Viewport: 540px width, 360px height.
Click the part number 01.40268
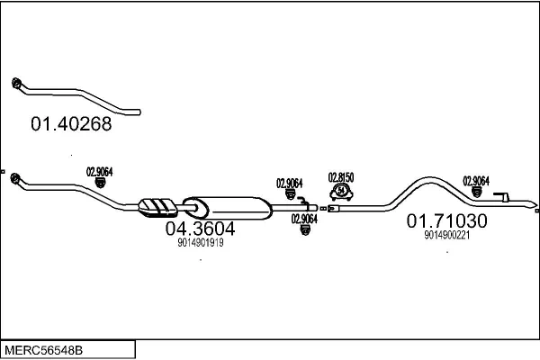pos(71,125)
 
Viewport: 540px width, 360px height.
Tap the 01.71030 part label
pos(446,220)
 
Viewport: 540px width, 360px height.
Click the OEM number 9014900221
pos(446,235)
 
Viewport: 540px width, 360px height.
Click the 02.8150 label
pos(341,176)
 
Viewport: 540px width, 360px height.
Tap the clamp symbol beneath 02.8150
pos(342,191)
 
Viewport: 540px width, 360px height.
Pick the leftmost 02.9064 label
pos(99,171)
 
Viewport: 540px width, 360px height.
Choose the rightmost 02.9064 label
pos(476,179)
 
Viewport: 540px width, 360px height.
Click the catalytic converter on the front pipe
pos(157,206)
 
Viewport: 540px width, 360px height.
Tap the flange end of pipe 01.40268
pos(17,85)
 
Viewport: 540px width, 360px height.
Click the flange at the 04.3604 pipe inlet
pos(17,184)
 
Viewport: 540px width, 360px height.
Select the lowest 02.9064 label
pos(304,218)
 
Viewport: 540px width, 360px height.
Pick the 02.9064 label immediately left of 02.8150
pos(289,183)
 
